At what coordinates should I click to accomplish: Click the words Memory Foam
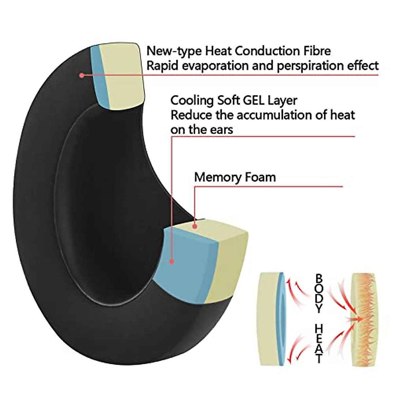[x=235, y=177]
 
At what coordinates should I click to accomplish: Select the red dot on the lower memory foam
[x=195, y=226]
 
